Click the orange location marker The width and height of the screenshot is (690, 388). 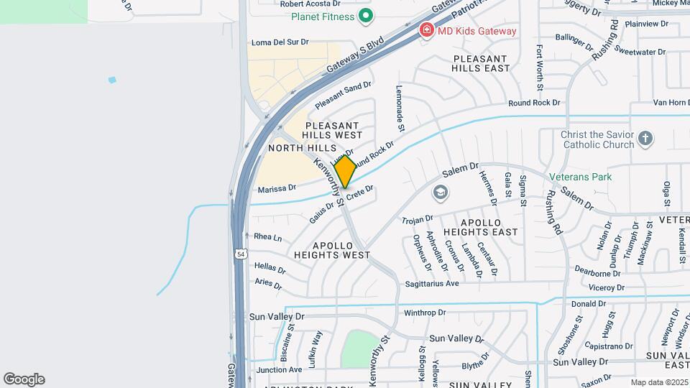[346, 172]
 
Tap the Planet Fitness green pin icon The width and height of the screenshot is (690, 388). [366, 16]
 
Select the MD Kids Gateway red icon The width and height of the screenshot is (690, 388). [426, 30]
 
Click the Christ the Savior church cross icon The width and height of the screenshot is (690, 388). [645, 138]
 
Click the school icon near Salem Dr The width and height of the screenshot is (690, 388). [440, 193]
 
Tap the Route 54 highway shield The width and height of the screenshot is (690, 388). [239, 254]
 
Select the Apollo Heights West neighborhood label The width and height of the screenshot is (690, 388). [331, 249]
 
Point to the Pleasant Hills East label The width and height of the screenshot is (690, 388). [481, 63]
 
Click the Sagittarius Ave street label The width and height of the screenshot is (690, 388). [431, 284]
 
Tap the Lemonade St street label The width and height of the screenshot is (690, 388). [400, 108]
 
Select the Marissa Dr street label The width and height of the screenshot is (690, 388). [277, 188]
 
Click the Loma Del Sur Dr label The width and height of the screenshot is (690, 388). [278, 42]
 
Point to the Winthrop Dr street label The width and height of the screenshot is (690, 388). [425, 313]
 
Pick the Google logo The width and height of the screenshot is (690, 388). [24, 379]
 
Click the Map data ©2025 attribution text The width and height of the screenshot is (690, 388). [659, 382]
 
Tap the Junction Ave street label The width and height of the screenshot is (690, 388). [280, 369]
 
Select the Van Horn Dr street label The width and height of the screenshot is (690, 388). [668, 103]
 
